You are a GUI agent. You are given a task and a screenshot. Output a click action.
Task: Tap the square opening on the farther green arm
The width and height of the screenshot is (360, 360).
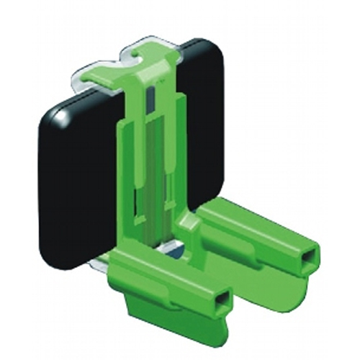point(310,257)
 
